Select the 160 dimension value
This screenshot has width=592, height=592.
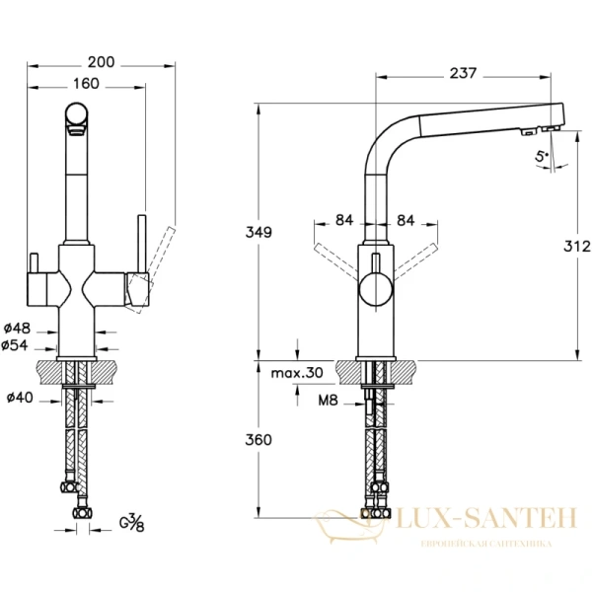(86, 84)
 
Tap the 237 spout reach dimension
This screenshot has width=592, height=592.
(464, 73)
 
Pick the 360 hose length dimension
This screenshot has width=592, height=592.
(259, 440)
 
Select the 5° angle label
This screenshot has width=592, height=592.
(541, 156)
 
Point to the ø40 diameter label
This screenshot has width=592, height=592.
(21, 398)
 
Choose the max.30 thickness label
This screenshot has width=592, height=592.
(297, 372)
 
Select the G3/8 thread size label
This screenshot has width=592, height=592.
(130, 523)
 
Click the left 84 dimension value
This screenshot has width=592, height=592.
(343, 219)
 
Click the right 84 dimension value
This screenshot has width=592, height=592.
(404, 219)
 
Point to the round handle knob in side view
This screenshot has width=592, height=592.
(374, 290)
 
